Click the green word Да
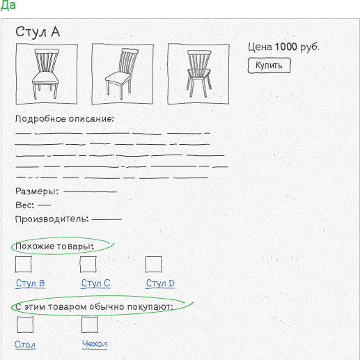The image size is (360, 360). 8,5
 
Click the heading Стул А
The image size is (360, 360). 38,32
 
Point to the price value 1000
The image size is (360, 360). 286,47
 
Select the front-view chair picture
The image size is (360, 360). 47,74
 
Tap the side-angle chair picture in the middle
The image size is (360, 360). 123,74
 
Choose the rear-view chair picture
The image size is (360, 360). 198,74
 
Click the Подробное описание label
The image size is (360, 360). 65,119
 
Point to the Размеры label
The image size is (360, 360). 37,191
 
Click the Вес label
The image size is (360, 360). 24,205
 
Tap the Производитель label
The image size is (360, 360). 52,219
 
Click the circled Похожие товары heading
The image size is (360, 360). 54,246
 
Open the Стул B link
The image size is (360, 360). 30,283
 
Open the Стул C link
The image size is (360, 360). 95,283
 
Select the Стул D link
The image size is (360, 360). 160,283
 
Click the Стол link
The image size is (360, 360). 25,345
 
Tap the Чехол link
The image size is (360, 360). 95,344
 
